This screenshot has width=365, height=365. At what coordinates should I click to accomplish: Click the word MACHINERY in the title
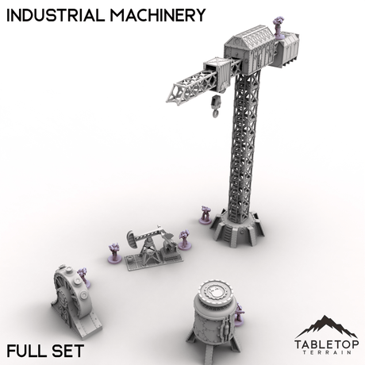pos(155,14)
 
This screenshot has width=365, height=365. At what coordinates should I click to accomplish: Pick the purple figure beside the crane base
pos(204,214)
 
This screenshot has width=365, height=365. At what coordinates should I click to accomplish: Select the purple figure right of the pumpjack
pos(184,238)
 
